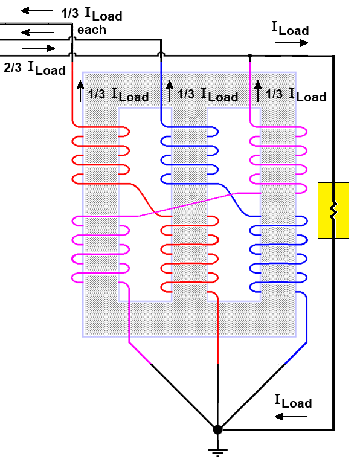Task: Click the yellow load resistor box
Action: [333, 210]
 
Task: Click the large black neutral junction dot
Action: [217, 429]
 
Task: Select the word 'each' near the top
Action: [92, 30]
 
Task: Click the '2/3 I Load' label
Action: [34, 68]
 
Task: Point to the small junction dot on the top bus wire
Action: [250, 56]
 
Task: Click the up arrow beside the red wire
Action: [80, 91]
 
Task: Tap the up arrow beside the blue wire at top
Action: [169, 91]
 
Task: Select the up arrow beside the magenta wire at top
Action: [258, 91]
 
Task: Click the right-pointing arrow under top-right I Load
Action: [292, 43]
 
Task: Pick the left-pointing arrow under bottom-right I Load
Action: [291, 417]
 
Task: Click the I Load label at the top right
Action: [290, 29]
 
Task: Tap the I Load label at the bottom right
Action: [293, 401]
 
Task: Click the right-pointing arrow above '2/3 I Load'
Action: [39, 48]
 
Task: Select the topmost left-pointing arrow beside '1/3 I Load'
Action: [37, 11]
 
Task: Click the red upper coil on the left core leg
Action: [101, 156]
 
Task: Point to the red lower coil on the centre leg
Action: [190, 254]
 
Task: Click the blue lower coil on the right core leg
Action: [278, 254]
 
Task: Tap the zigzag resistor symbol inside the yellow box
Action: [333, 210]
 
